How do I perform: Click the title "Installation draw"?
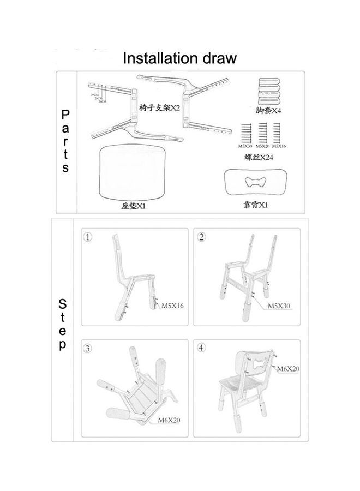(x=179, y=58)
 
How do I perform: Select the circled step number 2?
(x=202, y=237)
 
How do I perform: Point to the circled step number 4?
(x=202, y=348)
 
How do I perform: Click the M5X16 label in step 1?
(x=172, y=306)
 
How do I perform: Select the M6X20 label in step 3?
(x=169, y=420)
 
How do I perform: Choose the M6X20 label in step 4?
(x=287, y=369)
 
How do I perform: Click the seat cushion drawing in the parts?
(x=134, y=173)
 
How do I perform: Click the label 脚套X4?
(x=268, y=110)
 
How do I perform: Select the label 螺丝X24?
(x=259, y=158)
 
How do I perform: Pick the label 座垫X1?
(x=133, y=206)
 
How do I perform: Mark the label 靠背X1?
(x=255, y=206)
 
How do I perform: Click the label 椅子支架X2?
(x=159, y=107)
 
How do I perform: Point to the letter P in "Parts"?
(x=65, y=115)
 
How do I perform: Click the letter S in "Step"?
(x=63, y=303)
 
